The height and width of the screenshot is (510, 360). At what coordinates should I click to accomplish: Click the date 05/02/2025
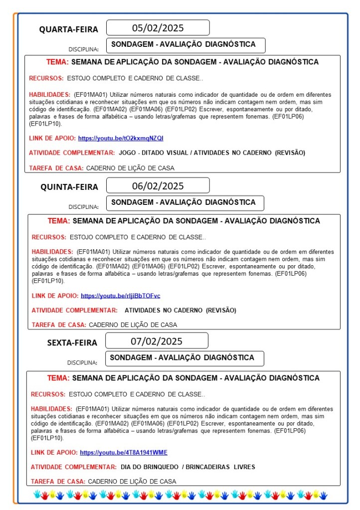pos(158,27)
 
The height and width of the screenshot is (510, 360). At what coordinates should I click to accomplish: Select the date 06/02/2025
pos(158,186)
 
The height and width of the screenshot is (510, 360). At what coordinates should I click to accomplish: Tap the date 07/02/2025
pos(157,341)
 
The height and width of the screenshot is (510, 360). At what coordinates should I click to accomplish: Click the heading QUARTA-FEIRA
pos(69,29)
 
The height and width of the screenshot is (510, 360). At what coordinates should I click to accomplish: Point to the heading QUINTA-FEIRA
pos(69,187)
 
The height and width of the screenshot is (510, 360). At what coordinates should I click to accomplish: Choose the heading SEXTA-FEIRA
pos(72,342)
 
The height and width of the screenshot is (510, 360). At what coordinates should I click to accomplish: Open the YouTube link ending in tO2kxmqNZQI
pos(128,138)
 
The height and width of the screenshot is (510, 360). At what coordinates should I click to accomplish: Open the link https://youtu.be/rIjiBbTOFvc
pos(120,296)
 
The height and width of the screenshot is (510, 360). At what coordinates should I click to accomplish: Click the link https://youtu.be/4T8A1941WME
pos(123,453)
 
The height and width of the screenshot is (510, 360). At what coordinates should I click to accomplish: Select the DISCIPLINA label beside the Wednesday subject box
pos(83,49)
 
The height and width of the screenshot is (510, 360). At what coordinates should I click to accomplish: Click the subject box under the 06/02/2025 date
pos(184,202)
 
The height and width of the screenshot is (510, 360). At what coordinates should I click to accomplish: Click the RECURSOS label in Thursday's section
pos(49,237)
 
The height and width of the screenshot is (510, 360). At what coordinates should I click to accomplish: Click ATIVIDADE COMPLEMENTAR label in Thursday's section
pos(74,310)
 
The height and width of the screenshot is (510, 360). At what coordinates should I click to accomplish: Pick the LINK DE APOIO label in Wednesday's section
pos(52,138)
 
